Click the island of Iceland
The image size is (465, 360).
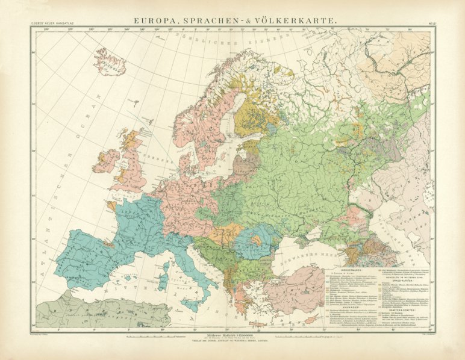pyautogui.click(x=110, y=61)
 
